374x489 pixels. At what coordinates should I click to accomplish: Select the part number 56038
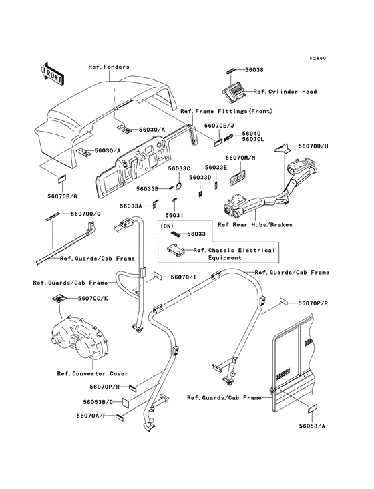pyautogui.click(x=254, y=70)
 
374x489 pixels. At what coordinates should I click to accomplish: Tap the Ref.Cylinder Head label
pyautogui.click(x=285, y=92)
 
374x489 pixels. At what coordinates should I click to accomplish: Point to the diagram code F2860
pyautogui.click(x=317, y=59)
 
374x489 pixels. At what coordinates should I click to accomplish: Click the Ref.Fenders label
pyautogui.click(x=109, y=67)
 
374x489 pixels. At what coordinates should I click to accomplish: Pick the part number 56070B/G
pyautogui.click(x=62, y=196)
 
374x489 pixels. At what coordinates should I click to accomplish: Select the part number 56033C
pyautogui.click(x=179, y=168)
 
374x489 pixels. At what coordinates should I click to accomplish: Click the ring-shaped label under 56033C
pyautogui.click(x=180, y=186)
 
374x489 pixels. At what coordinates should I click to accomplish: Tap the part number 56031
pyautogui.click(x=174, y=216)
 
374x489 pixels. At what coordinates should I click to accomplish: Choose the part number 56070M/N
pyautogui.click(x=240, y=158)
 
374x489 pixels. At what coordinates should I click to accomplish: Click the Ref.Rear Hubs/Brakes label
pyautogui.click(x=255, y=225)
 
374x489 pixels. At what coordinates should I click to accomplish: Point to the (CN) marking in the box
pyautogui.click(x=167, y=226)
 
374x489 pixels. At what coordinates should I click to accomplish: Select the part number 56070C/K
pyautogui.click(x=93, y=299)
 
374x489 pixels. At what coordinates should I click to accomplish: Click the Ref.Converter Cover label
pyautogui.click(x=93, y=373)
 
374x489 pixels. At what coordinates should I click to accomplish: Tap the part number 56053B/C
pyautogui.click(x=98, y=402)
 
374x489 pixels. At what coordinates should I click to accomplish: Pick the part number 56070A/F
pyautogui.click(x=91, y=416)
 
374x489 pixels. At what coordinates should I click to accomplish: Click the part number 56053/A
pyautogui.click(x=312, y=426)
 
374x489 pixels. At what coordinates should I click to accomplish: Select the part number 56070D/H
pyautogui.click(x=313, y=146)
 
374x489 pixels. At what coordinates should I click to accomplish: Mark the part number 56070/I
pyautogui.click(x=183, y=277)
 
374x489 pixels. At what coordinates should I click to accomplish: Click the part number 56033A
pyautogui.click(x=131, y=206)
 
